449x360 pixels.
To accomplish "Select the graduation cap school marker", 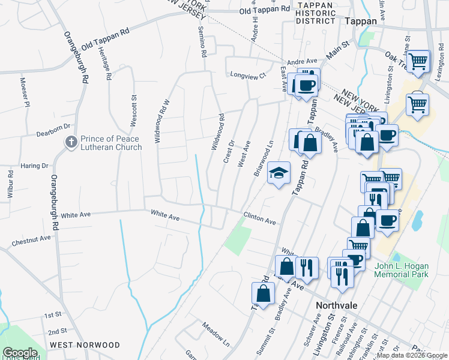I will click(x=279, y=173).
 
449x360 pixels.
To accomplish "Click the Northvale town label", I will click(x=337, y=305).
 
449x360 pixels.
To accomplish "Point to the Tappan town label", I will click(x=361, y=20).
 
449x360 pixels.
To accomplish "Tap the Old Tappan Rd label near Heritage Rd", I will click(x=106, y=37).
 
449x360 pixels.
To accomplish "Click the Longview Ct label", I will click(x=248, y=75).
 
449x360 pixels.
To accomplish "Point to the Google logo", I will click(x=20, y=353).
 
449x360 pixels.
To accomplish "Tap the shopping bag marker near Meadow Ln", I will click(x=263, y=293).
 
